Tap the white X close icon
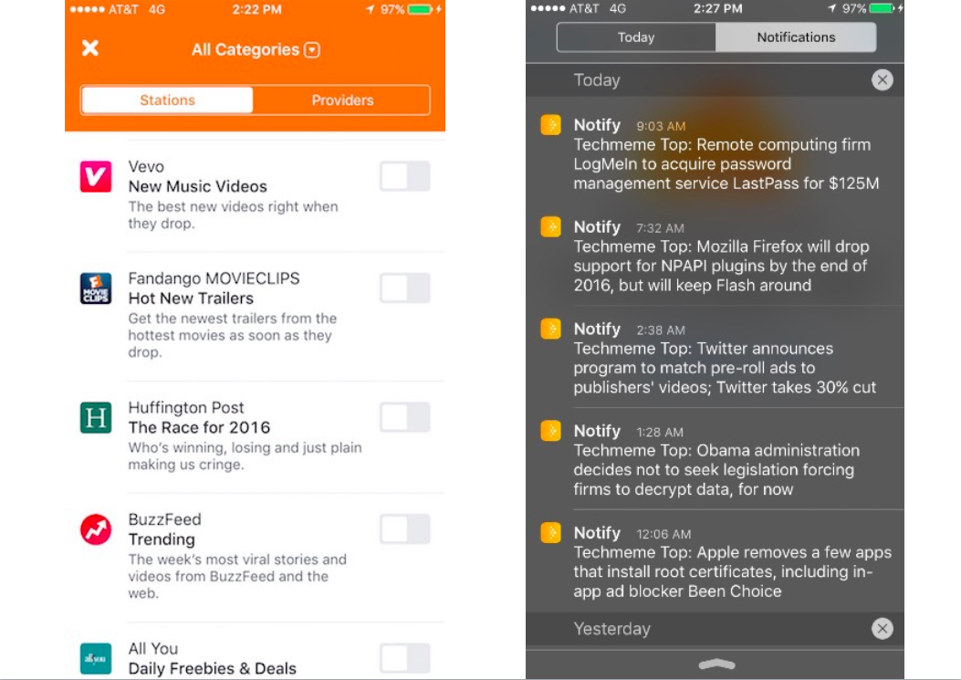89,48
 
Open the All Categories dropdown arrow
312,50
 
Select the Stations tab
167,100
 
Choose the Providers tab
342,100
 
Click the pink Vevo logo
96,176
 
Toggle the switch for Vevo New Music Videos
404,176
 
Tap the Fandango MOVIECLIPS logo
96,288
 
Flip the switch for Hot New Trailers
404,288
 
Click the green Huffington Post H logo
96,418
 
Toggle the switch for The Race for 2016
404,418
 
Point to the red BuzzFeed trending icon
96,529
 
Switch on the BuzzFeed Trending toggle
404,529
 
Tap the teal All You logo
96,658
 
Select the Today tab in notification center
636,37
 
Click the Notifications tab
796,37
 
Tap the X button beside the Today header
882,80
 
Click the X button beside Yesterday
882,629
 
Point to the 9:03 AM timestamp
661,127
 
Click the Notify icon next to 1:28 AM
550,431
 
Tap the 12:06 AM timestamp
663,534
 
